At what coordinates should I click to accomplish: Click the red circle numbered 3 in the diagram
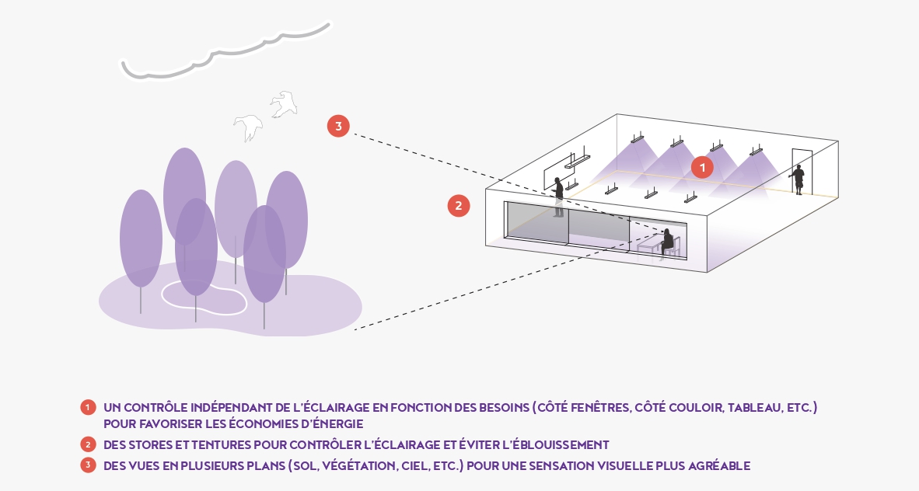338,126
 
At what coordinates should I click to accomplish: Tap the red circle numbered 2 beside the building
459,205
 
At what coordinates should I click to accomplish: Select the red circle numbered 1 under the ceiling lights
702,167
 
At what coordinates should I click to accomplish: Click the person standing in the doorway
798,179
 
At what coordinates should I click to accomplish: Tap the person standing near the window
558,197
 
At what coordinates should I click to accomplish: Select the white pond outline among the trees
204,298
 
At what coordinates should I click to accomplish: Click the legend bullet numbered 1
88,407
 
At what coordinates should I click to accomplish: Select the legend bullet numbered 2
88,445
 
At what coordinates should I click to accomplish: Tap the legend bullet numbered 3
88,466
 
